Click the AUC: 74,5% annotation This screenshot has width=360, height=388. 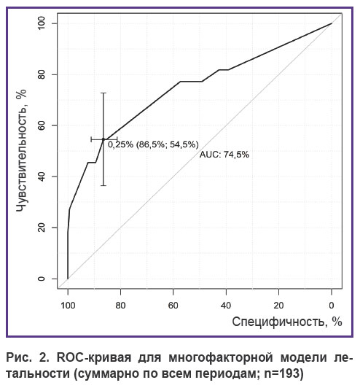pos(224,155)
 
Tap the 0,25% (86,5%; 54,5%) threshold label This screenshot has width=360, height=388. pos(153,144)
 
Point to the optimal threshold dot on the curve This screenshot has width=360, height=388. pos(103,139)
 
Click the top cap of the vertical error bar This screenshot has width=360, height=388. pos(103,93)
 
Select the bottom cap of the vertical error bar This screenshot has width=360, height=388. pos(103,185)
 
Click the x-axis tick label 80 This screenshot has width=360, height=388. pos(120,306)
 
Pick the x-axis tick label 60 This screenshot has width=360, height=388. pos(173,306)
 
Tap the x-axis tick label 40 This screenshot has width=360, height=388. pos(226,306)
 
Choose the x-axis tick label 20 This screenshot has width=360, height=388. pos(278,306)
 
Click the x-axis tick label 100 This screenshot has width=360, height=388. pos(68,306)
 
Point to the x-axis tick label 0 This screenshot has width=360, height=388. pos(332,306)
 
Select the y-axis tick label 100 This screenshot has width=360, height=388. pos(42,23)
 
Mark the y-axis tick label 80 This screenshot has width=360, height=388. pos(42,74)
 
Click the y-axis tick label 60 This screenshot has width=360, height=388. pos(42,125)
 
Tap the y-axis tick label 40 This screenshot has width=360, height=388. pos(42,176)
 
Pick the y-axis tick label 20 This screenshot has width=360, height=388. pos(42,228)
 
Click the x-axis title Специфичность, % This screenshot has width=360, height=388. pos(287,322)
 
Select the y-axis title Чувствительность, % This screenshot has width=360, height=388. pos(22,150)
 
